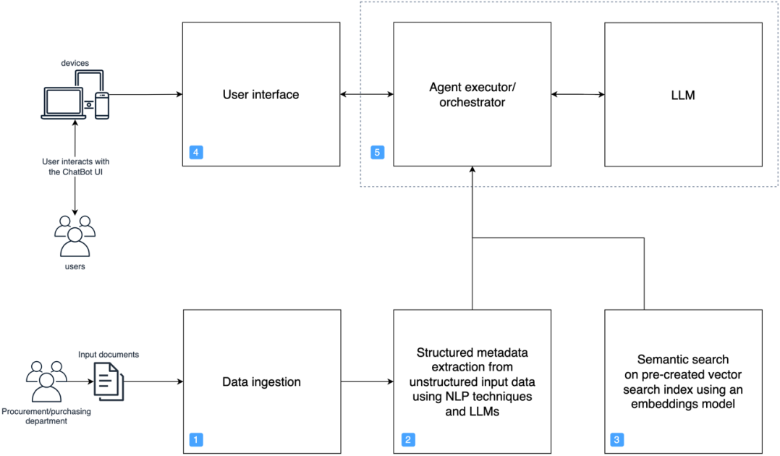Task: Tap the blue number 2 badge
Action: [407, 439]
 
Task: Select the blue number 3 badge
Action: [616, 439]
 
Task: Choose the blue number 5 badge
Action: [376, 152]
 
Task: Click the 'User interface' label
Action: [260, 94]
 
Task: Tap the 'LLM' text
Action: [682, 95]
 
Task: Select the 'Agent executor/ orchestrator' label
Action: [472, 95]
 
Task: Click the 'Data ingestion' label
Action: [260, 381]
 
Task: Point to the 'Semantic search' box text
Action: [682, 381]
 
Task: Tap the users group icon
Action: [75, 236]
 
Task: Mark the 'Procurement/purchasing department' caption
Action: [46, 417]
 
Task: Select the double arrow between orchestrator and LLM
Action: [577, 94]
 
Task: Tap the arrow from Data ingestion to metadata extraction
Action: [367, 381]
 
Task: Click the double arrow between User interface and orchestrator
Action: [366, 94]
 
